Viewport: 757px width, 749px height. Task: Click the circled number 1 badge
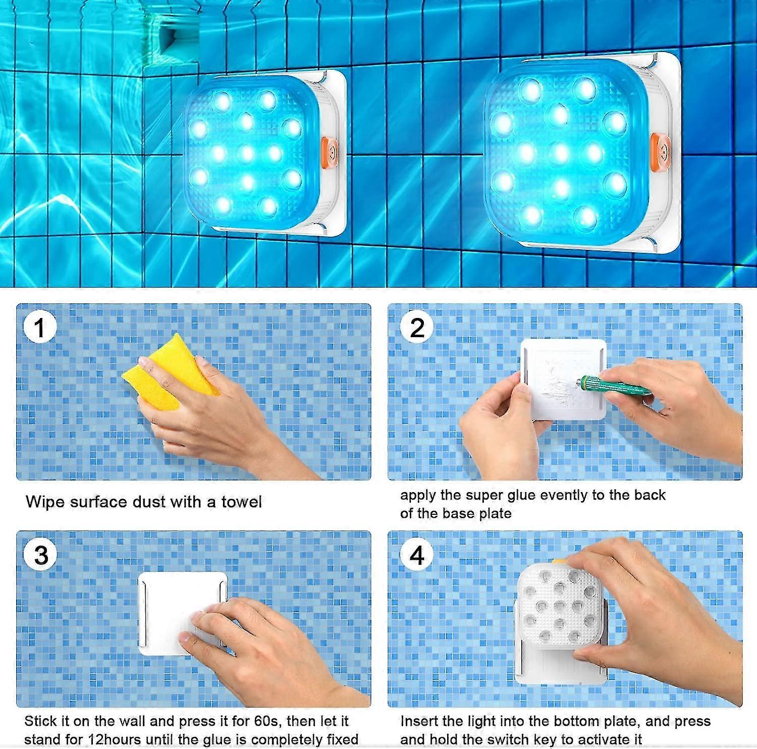pyautogui.click(x=39, y=328)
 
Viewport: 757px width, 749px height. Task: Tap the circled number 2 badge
pyautogui.click(x=417, y=328)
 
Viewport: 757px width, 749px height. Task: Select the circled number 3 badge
pyautogui.click(x=41, y=555)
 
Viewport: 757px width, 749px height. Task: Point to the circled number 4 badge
pyautogui.click(x=417, y=555)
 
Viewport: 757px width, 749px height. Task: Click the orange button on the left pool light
pyautogui.click(x=331, y=151)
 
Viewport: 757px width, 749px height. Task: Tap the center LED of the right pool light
pyautogui.click(x=559, y=153)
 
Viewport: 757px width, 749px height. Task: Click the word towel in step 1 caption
pyautogui.click(x=241, y=502)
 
